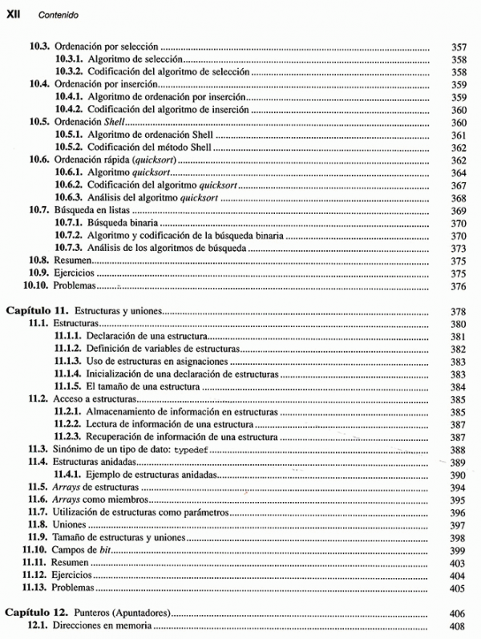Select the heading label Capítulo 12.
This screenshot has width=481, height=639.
38,612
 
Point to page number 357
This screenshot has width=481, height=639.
459,47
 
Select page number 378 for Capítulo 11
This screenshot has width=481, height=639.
459,311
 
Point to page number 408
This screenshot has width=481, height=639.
459,626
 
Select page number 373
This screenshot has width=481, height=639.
459,248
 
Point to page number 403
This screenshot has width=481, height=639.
459,563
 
